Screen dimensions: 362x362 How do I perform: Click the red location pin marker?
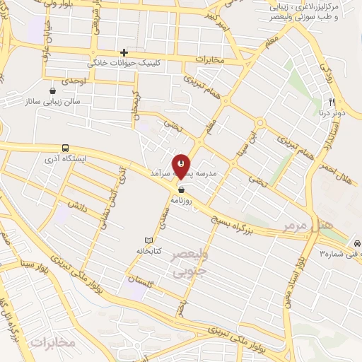pos(181,165)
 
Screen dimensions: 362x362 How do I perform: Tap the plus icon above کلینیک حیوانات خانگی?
pos(124,52)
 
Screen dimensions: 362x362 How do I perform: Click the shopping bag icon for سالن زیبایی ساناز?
pos(53,90)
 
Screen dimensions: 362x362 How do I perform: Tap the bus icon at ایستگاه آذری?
pos(65,148)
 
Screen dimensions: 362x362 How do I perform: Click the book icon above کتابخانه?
pos(148,240)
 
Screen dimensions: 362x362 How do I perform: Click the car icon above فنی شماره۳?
pos(358,243)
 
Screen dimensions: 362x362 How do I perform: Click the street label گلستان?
pos(141,281)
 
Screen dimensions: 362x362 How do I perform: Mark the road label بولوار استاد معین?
pos(300,275)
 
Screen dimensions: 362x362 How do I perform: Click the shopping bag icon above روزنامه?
pos(182,189)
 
